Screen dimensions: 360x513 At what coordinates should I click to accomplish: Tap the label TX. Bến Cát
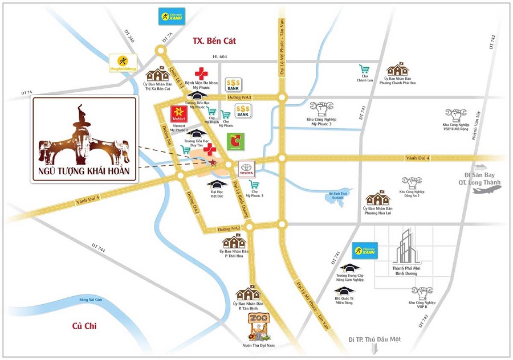click(x=214, y=41)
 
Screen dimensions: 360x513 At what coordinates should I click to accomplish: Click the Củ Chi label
click(x=83, y=325)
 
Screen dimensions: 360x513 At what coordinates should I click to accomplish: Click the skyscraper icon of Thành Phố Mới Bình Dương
click(x=405, y=246)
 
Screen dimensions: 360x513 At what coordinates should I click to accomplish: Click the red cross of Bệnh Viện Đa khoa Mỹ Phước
click(x=201, y=73)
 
